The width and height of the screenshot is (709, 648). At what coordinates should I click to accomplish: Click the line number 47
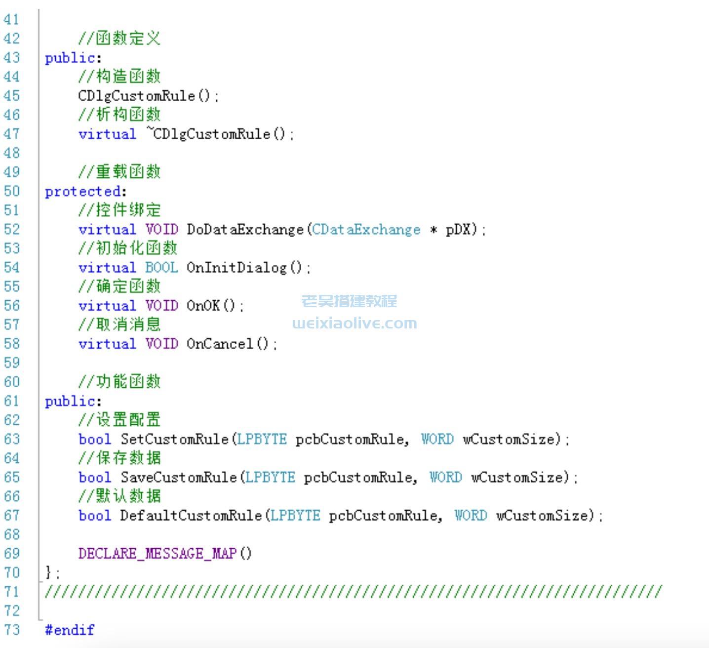point(12,134)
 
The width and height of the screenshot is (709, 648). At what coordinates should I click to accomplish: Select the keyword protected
point(82,192)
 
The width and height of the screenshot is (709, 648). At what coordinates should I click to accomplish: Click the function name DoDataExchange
point(245,230)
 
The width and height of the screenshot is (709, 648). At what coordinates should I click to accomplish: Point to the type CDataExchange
point(366,230)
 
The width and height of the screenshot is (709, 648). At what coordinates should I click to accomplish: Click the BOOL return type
point(161,268)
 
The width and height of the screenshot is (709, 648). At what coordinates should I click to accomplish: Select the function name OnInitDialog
point(236,268)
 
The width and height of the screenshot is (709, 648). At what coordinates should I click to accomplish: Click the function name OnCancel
point(220,344)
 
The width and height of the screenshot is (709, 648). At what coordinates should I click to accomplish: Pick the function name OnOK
point(203,306)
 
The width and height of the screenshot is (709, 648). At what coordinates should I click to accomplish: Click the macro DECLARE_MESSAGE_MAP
point(157,554)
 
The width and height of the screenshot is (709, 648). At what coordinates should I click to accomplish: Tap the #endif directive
point(69,630)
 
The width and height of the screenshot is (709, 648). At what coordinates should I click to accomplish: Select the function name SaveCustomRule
point(179,478)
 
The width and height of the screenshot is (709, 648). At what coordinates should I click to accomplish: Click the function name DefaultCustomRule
point(191,516)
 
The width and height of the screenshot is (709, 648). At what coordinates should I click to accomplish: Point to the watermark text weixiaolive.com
point(354,324)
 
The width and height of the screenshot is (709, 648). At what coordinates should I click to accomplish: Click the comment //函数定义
point(119,38)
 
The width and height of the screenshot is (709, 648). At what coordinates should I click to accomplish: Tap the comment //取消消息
point(119,324)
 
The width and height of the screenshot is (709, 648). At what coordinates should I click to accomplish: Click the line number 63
point(12,439)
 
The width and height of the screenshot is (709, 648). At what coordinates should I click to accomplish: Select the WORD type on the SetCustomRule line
point(437,439)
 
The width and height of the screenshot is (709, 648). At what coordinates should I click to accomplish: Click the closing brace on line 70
point(48,573)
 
